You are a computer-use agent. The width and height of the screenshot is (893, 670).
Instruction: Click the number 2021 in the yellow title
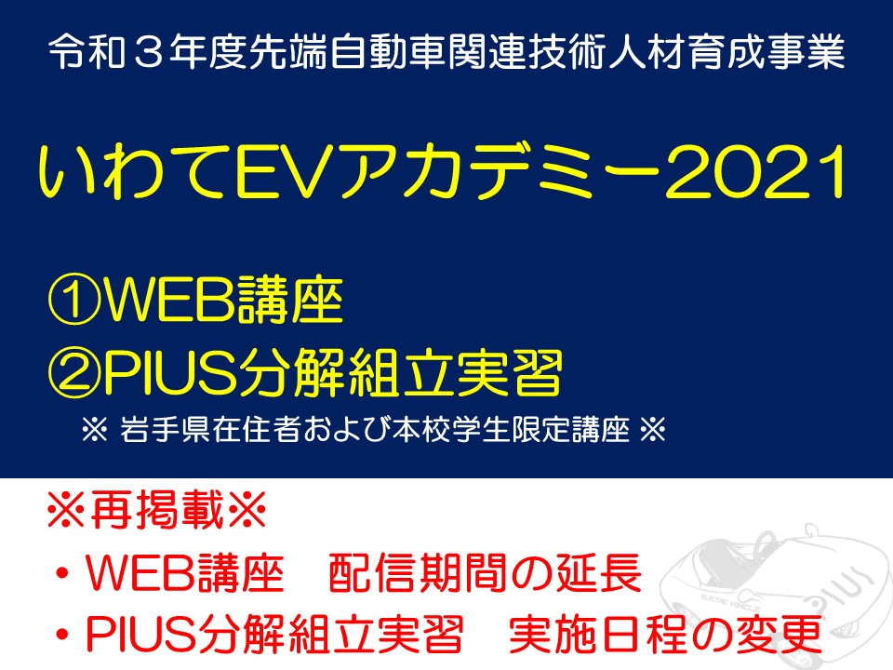(755, 171)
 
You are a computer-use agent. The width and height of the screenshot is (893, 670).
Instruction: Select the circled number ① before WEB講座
(74, 301)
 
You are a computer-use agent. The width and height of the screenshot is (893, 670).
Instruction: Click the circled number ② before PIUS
(74, 372)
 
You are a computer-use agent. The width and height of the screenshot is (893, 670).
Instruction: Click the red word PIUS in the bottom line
(141, 634)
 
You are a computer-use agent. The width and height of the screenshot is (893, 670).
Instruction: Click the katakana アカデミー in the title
(501, 171)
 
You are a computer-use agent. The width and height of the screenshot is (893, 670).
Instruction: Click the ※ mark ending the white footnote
(653, 429)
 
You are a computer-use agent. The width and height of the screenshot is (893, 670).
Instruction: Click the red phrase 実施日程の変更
(665, 634)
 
